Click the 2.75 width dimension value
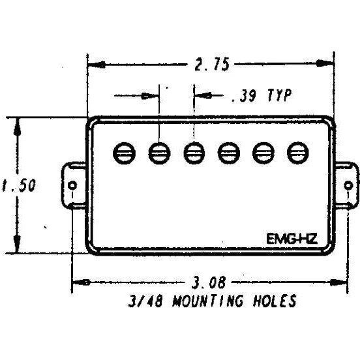(x=212, y=64)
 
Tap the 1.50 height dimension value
(x=19, y=185)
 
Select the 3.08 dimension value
(x=209, y=282)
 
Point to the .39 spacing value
(x=243, y=95)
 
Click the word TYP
(x=280, y=95)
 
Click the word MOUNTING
(x=207, y=301)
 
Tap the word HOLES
(x=275, y=301)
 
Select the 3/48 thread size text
(x=145, y=301)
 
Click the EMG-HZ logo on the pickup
(x=292, y=239)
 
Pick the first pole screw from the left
(x=125, y=153)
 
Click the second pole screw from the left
(x=159, y=153)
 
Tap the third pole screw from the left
(x=194, y=153)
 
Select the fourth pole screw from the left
(x=229, y=153)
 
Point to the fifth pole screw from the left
(x=263, y=153)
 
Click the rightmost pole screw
(x=298, y=153)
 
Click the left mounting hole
(x=72, y=185)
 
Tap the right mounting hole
(x=348, y=185)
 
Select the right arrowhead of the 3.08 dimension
(x=338, y=282)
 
